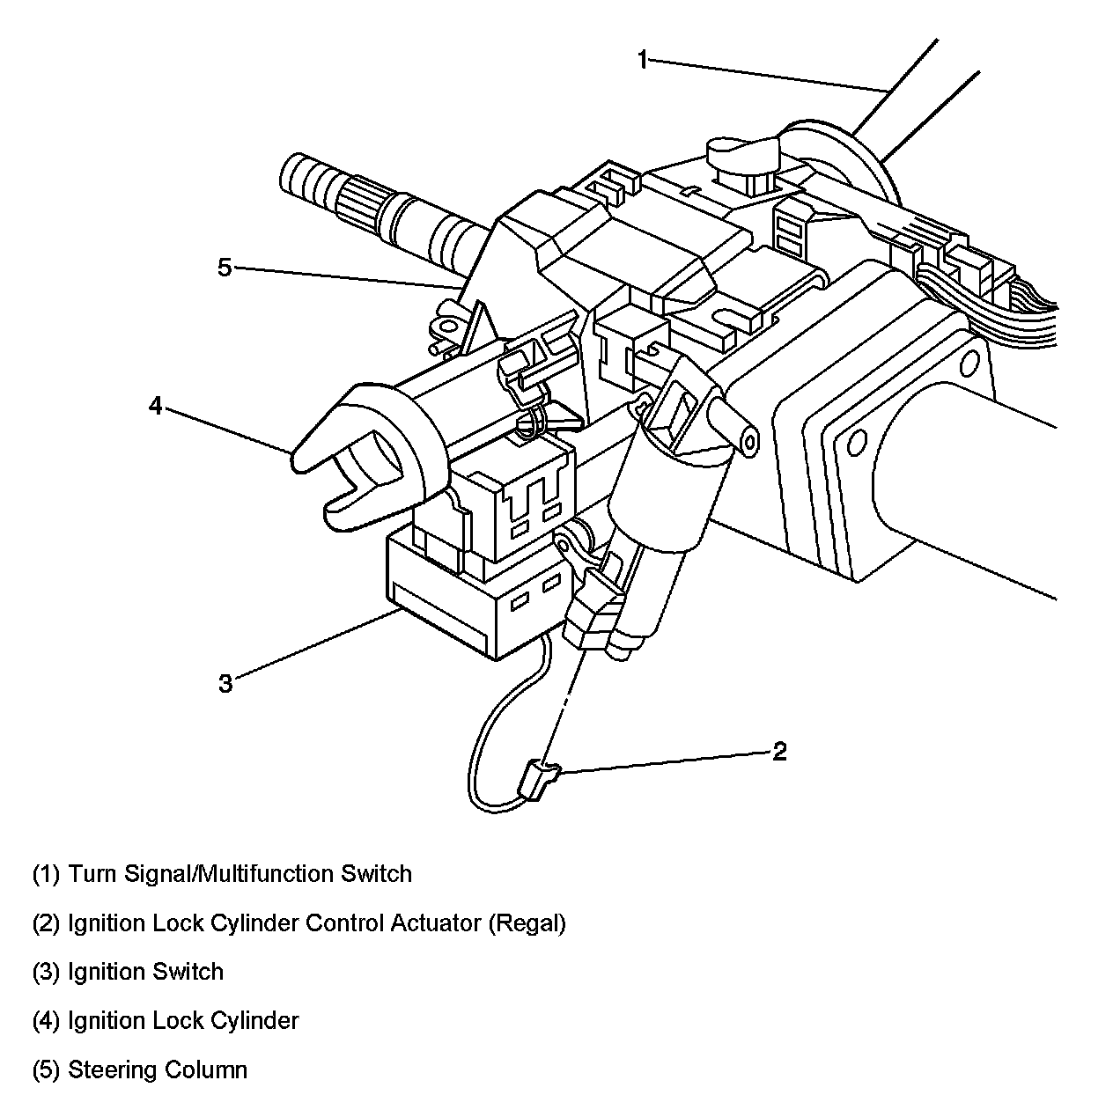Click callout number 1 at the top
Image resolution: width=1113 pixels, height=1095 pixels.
(643, 60)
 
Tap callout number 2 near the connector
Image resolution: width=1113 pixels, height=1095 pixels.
(778, 751)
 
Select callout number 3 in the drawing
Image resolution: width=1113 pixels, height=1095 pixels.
(225, 683)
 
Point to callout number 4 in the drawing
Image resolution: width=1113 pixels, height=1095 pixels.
(156, 407)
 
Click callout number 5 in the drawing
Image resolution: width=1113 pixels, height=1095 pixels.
(225, 267)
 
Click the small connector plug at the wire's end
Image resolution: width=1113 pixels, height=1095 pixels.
(539, 779)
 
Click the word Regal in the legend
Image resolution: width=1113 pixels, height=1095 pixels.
(527, 923)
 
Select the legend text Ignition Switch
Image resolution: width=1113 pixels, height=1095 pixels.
(146, 972)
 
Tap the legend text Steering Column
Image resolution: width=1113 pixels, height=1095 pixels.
(158, 1070)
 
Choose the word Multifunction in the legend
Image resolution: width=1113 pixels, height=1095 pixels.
(269, 874)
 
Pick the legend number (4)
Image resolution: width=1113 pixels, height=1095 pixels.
(46, 1021)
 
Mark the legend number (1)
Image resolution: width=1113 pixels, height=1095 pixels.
(46, 874)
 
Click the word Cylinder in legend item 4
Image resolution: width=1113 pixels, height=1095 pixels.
(254, 1021)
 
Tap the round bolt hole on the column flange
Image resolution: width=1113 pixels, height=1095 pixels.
(969, 362)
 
